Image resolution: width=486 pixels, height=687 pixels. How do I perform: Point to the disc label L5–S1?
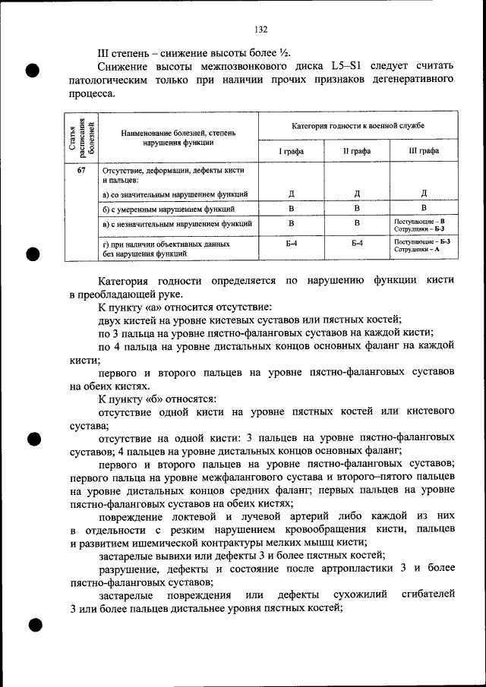point(349,66)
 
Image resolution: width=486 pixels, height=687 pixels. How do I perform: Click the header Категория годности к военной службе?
point(358,124)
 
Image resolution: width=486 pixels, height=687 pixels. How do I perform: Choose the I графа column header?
point(291,151)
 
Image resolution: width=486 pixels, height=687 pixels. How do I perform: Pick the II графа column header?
point(357,151)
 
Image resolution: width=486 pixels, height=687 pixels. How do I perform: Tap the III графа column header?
point(424,151)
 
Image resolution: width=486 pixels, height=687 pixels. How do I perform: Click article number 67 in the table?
point(81,170)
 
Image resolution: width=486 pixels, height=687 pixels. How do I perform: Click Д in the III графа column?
point(424,194)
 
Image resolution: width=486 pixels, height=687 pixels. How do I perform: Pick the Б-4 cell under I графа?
point(291,243)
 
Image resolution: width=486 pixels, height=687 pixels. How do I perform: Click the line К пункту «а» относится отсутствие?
point(185,307)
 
